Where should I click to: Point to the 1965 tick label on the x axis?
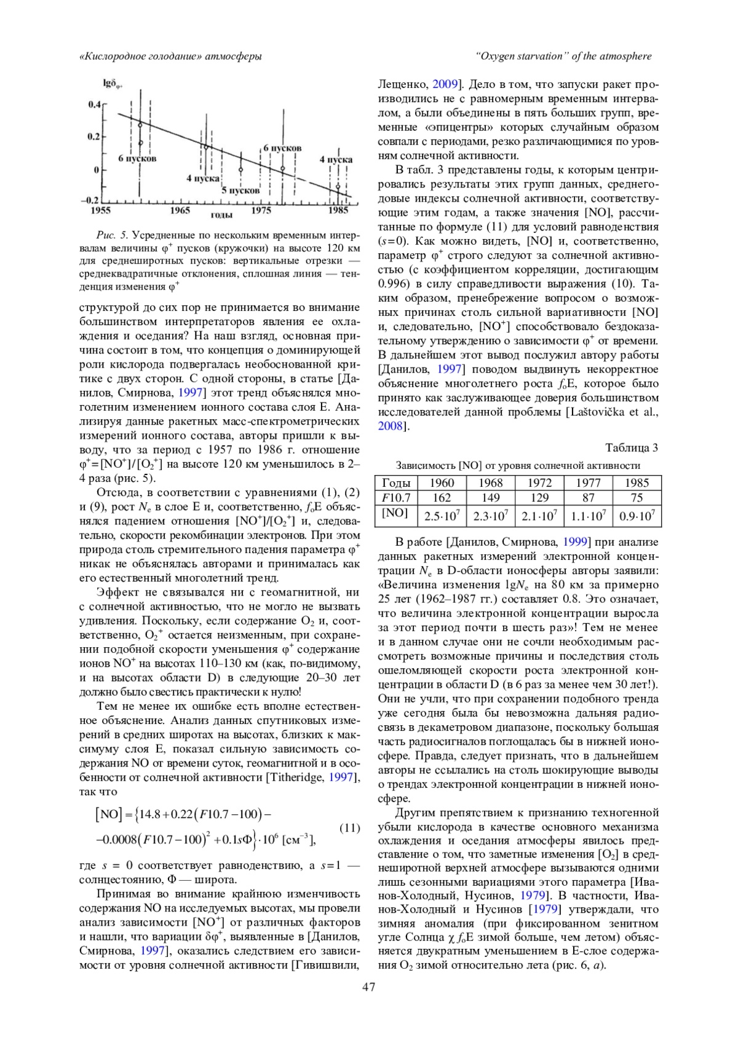click(180, 210)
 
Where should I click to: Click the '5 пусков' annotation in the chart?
click(240, 191)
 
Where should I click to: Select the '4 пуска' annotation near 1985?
click(336, 159)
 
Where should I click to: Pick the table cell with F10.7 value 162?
click(442, 498)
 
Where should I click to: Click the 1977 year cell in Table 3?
click(588, 483)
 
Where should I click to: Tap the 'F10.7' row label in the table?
click(396, 498)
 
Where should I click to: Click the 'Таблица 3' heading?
click(632, 447)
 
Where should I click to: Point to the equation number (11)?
click(349, 828)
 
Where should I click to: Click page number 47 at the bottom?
click(369, 987)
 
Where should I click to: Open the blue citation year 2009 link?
click(445, 84)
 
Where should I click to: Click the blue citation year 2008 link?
click(390, 426)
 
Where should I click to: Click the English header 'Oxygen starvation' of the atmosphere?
click(563, 57)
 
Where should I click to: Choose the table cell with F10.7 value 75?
click(637, 498)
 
